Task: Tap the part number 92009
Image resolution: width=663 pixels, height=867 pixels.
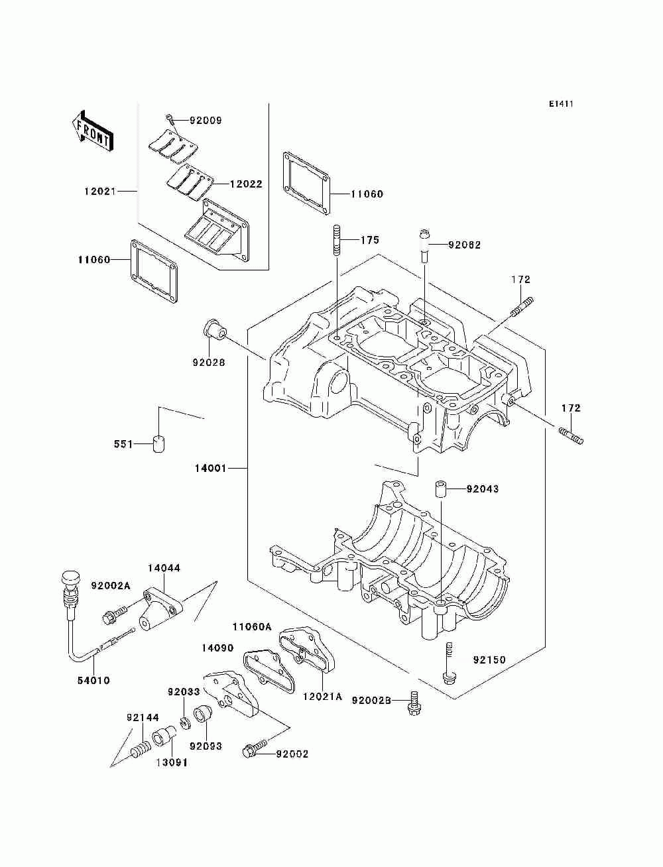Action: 206,121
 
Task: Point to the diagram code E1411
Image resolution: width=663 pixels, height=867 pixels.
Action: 561,104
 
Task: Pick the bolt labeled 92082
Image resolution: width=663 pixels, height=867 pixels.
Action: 424,246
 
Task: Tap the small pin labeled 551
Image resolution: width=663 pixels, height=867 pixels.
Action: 158,443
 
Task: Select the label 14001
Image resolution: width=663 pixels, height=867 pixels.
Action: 210,468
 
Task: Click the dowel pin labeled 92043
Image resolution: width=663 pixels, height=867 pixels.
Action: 439,489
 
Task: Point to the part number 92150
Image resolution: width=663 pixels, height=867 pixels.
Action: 489,660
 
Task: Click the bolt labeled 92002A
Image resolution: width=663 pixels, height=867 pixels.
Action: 111,615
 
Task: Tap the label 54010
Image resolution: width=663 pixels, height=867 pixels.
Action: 93,680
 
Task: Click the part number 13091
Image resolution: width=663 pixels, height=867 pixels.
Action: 172,762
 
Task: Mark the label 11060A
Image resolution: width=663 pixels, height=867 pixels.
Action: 252,626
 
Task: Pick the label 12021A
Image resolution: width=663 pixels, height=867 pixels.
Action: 322,696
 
